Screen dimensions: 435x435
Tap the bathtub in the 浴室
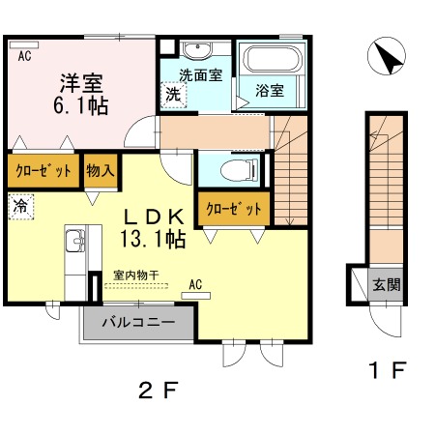click(x=273, y=58)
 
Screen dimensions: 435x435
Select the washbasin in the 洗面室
click(x=197, y=50)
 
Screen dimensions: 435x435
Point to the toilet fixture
click(x=240, y=169)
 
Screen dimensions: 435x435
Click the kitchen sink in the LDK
click(x=75, y=241)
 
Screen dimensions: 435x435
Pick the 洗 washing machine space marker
click(x=173, y=95)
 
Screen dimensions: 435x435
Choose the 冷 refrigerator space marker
click(x=20, y=206)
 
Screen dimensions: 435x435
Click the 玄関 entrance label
click(x=387, y=285)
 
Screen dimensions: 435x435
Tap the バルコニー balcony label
click(x=138, y=322)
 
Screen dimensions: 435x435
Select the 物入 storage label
click(x=101, y=170)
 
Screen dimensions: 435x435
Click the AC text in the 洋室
click(x=24, y=56)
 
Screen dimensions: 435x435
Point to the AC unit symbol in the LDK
click(x=196, y=296)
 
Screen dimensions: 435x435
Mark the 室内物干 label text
click(x=136, y=275)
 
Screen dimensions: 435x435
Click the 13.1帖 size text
click(x=153, y=239)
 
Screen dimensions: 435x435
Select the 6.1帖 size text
click(x=80, y=105)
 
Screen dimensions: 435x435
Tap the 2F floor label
click(x=158, y=390)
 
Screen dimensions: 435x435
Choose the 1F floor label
click(x=387, y=370)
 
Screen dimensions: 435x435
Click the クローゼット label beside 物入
click(x=43, y=170)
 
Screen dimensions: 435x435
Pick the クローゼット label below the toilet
click(x=234, y=209)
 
